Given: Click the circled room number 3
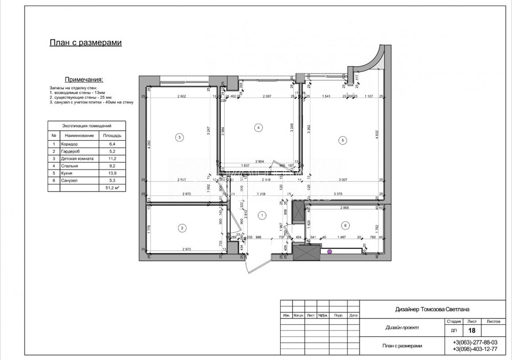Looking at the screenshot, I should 179,137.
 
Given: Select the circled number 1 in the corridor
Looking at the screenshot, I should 262,215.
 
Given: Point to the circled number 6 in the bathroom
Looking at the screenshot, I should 345,225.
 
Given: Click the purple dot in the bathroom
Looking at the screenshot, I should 330,251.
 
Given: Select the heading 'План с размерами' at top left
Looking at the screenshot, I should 86,43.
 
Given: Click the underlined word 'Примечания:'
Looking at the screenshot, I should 84,80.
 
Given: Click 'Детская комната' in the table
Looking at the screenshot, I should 77,159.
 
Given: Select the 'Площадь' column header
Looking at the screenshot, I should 112,136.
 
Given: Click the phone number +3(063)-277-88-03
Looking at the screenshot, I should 475,342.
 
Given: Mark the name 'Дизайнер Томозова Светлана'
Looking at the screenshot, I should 433,309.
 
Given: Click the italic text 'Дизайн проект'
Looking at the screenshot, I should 402,328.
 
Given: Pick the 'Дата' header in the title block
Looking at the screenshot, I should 353,315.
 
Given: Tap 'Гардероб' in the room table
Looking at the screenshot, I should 72,152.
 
